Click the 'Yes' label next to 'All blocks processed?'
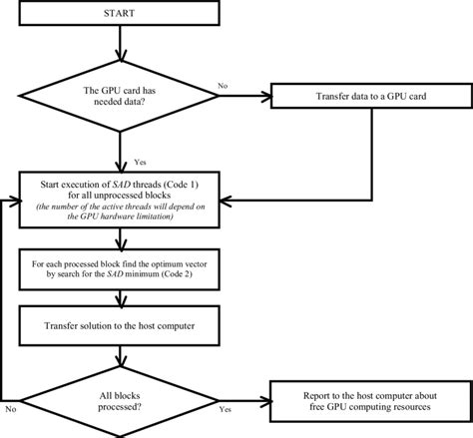pos(226,410)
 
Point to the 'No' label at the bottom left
pos(11,410)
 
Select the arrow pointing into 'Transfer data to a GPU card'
pos(249,98)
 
